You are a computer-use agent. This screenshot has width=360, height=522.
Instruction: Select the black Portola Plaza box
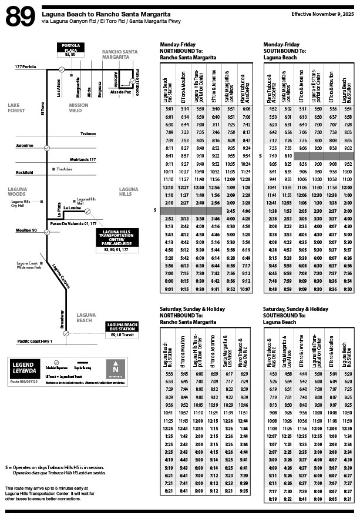coord(75,48)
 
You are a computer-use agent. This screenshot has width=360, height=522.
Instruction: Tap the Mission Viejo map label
coord(78,108)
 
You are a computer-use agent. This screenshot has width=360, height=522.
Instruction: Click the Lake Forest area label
coord(18,108)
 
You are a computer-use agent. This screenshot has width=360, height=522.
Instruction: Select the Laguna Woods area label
coord(18,191)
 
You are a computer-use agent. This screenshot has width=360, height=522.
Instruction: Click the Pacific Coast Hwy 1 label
coord(35,341)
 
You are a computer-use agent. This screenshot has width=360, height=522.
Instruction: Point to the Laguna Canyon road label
coord(60,277)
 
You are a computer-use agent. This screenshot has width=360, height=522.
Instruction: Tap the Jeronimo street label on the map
coord(25,145)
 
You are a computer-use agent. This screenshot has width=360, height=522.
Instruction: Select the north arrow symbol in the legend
coord(115,368)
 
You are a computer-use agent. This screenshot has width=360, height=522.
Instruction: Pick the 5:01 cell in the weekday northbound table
coord(169,109)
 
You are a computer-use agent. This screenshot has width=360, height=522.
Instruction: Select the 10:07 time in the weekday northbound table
coord(245,289)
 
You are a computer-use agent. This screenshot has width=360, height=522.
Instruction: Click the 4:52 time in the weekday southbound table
coord(272,109)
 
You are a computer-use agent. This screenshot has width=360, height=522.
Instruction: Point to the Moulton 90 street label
coord(26,230)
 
